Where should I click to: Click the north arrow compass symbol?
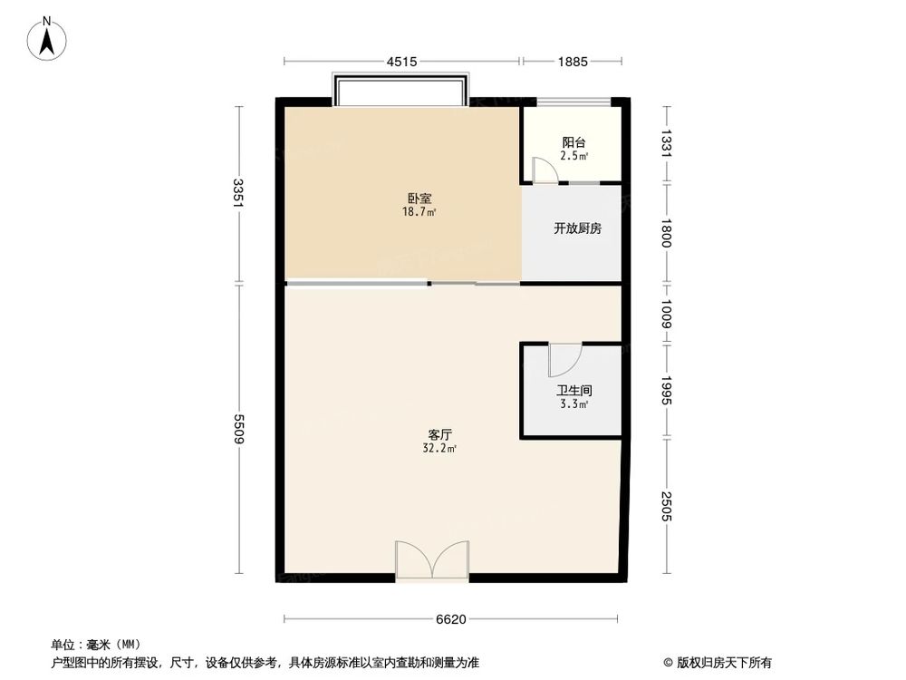48,39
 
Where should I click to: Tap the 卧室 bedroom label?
419,199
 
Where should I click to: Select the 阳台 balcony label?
573,142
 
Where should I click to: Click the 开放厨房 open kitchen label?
578,228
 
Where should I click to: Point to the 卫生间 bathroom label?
573,391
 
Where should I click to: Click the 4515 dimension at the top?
401,62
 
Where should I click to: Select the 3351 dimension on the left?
237,193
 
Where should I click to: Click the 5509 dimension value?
237,428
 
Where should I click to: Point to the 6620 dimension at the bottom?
451,620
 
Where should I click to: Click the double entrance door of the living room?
432,559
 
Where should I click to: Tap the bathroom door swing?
562,361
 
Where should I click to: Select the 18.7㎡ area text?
419,212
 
